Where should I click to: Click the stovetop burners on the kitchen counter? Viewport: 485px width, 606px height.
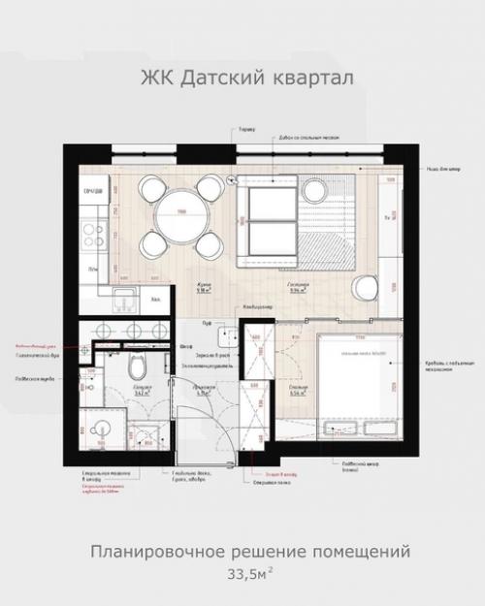point(94,233)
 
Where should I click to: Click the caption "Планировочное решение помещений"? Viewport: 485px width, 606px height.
point(249,552)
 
